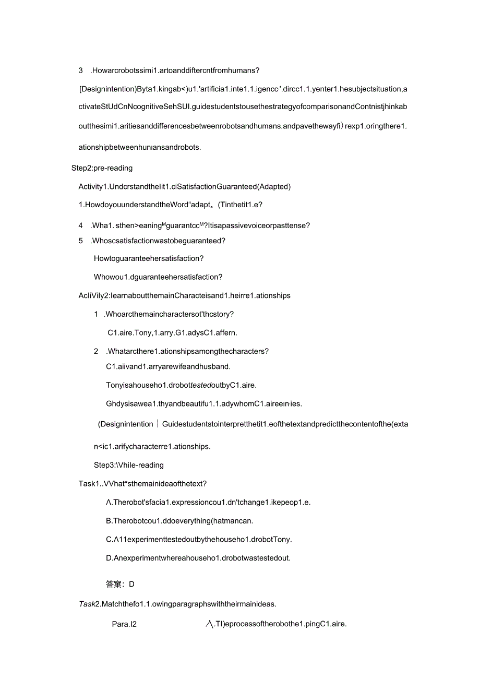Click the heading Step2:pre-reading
[102, 168]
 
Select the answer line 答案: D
[120, 584]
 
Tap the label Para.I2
[124, 624]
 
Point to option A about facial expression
[208, 502]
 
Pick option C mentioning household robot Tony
[199, 539]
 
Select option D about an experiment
[198, 557]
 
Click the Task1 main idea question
[142, 484]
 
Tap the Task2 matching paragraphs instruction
[177, 604]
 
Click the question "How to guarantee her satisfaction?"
[149, 258]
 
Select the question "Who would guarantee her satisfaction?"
[158, 277]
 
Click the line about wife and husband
[168, 366]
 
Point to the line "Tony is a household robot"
[181, 385]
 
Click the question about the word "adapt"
[174, 205]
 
